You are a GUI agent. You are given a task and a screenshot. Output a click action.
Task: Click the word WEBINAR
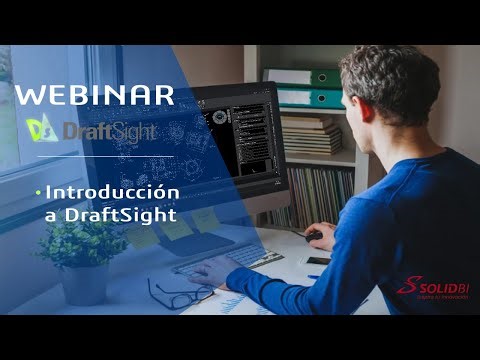pos(95,96)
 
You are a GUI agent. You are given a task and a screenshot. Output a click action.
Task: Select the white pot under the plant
pos(85,282)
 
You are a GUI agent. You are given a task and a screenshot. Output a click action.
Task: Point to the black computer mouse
pos(314,236)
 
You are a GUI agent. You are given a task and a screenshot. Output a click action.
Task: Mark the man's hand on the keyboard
pos(211,271)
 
